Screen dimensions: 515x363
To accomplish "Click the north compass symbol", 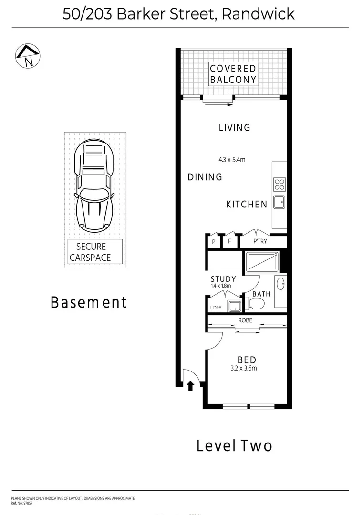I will (x=28, y=56).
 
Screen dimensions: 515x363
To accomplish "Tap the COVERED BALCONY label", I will (x=233, y=74).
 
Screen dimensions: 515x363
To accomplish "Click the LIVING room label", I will (x=234, y=128).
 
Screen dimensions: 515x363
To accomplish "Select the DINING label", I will (x=205, y=177).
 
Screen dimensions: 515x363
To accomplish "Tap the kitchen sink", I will (x=279, y=202).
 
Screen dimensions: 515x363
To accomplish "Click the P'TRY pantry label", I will (x=260, y=241).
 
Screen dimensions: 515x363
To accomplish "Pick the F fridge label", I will (x=229, y=241).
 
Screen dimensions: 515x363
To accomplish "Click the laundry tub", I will (x=234, y=306).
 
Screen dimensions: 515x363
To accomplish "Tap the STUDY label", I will (x=223, y=279).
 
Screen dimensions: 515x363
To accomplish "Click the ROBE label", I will (x=246, y=320).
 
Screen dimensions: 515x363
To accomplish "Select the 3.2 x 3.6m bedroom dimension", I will (x=247, y=368).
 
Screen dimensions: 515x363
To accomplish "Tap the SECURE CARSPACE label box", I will (x=95, y=252).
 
